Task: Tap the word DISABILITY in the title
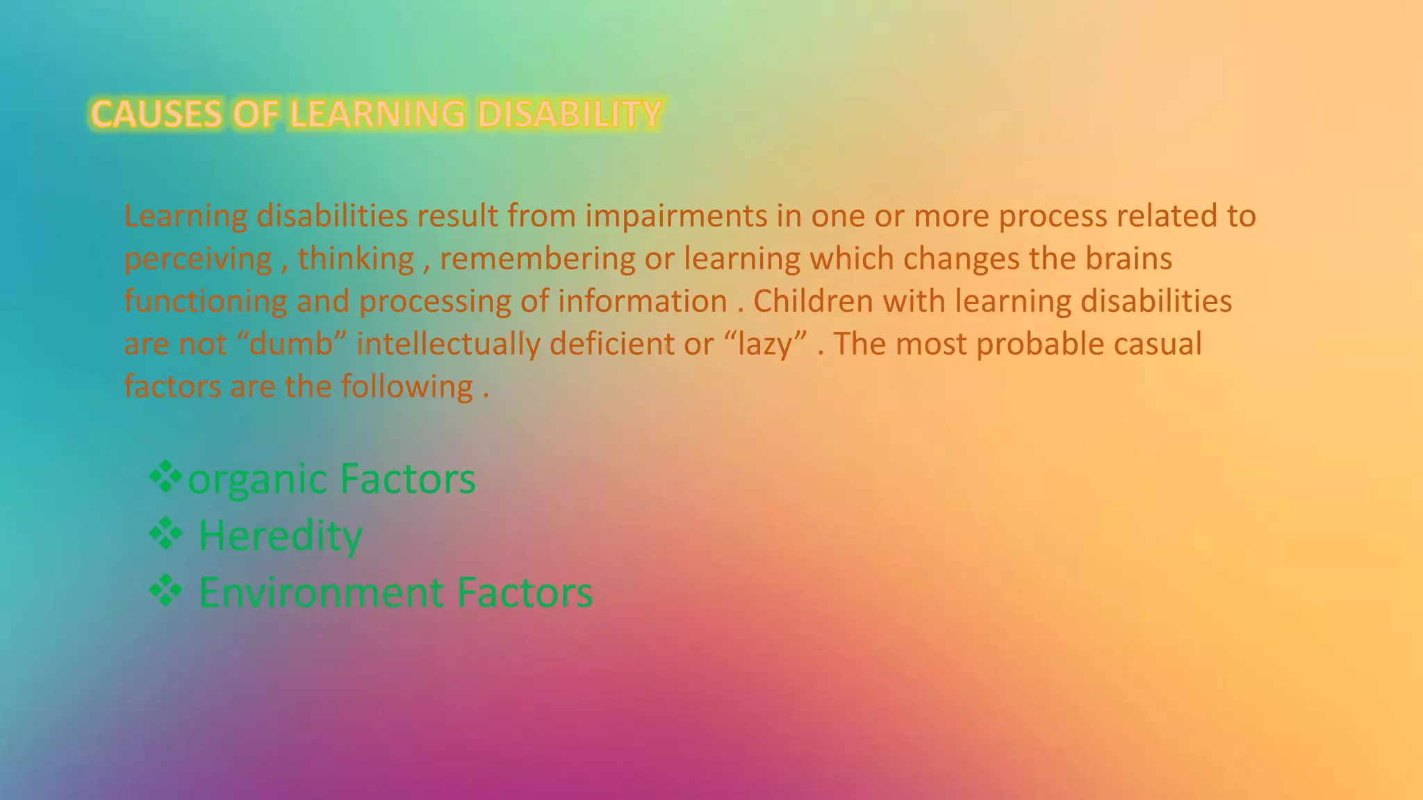click(x=569, y=115)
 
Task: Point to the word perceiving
click(x=198, y=259)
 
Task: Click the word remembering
click(x=537, y=259)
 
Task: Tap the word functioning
click(x=206, y=301)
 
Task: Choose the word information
click(x=642, y=301)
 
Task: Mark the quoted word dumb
click(x=292, y=344)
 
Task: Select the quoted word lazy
click(x=765, y=344)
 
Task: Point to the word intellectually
click(x=448, y=344)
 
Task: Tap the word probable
click(x=1039, y=344)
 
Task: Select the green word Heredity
click(x=281, y=536)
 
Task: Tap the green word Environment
click(x=321, y=593)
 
